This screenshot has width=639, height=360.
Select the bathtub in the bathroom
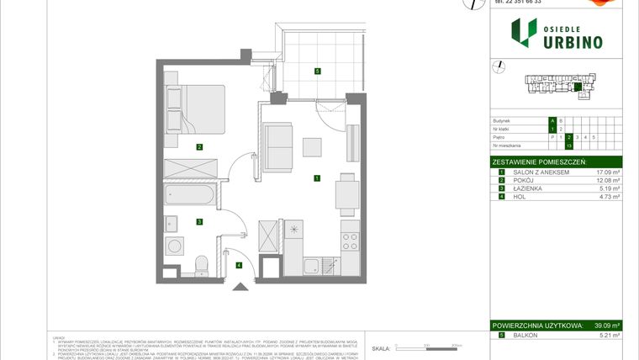(192, 195)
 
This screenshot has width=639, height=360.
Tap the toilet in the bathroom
(200, 266)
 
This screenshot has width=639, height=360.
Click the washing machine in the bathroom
(177, 246)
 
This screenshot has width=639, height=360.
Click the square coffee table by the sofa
(313, 147)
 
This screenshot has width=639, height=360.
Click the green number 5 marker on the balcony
(317, 71)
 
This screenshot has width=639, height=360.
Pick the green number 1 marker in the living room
(316, 177)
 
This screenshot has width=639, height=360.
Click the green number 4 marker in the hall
(239, 266)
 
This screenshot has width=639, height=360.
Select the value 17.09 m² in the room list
(605, 172)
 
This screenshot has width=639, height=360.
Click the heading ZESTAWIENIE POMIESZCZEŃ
(539, 161)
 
